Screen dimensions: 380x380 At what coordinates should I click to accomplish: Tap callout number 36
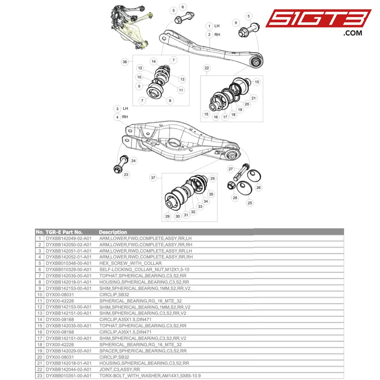(x=125, y=62)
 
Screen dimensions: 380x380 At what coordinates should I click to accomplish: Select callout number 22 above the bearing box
(x=207, y=68)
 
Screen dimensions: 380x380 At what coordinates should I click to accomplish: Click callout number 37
(x=153, y=178)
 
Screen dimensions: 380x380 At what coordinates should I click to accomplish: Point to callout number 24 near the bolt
(x=133, y=161)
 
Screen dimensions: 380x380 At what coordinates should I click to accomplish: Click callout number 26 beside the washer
(x=258, y=187)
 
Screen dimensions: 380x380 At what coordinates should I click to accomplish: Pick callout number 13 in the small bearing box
(x=182, y=79)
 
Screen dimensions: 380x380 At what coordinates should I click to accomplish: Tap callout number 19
(x=240, y=110)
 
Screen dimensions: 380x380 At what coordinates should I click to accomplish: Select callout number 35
(x=211, y=194)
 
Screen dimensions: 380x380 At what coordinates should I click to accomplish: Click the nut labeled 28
(x=231, y=186)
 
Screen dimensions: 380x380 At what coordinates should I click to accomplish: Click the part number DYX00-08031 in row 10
(x=60, y=295)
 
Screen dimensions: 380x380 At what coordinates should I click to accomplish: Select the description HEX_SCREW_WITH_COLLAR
(x=130, y=263)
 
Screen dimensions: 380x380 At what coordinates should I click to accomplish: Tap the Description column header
(x=113, y=232)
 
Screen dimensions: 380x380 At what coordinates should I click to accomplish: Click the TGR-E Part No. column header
(x=64, y=232)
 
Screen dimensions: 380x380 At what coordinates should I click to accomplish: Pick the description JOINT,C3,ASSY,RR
(x=120, y=369)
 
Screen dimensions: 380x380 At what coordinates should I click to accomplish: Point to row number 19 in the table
(x=40, y=351)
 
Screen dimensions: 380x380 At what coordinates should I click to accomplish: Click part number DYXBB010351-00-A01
(x=68, y=376)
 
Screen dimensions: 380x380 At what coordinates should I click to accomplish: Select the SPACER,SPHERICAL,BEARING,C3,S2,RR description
(x=143, y=351)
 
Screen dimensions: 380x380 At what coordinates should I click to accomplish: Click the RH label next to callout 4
(x=125, y=117)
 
